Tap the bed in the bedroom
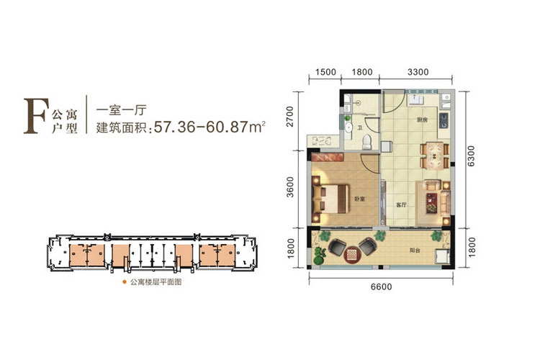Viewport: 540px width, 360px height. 332,192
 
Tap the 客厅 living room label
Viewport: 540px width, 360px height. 402,204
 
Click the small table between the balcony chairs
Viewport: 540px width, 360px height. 352,253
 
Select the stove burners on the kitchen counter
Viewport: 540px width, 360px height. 445,114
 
